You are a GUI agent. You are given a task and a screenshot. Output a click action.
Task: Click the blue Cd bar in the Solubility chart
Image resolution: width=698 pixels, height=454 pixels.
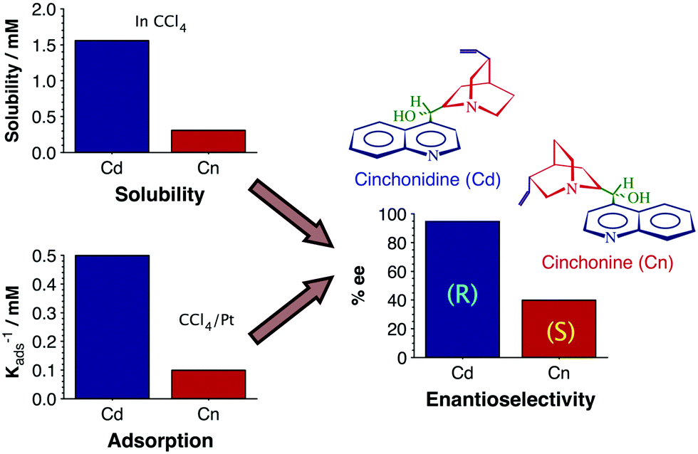(x=112, y=97)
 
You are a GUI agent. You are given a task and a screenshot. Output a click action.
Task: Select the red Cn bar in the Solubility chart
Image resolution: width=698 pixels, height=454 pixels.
(x=208, y=142)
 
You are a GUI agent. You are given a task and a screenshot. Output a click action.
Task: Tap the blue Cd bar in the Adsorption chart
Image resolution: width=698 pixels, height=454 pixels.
(x=112, y=327)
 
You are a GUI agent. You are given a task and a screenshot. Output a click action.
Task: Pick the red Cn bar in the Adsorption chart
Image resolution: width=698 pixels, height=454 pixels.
(x=208, y=384)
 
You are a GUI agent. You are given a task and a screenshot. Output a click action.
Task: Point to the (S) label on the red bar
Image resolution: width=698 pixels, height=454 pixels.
(x=559, y=332)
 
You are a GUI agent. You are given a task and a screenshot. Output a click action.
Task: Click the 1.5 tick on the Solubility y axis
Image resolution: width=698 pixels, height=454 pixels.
(x=43, y=46)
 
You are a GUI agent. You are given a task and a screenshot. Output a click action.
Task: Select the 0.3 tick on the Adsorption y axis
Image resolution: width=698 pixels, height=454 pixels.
(x=44, y=313)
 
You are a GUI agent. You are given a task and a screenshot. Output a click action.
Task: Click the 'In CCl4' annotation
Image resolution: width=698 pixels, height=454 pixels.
(x=161, y=23)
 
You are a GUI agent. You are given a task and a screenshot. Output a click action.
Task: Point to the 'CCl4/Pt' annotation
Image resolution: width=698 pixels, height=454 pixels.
(x=206, y=321)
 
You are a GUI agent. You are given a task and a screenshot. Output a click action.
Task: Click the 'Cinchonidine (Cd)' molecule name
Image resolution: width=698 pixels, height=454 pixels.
(x=428, y=179)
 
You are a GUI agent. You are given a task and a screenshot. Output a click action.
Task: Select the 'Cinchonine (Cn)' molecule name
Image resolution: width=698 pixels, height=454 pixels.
(x=607, y=263)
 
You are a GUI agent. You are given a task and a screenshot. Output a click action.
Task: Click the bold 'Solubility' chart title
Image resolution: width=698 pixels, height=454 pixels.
(x=160, y=195)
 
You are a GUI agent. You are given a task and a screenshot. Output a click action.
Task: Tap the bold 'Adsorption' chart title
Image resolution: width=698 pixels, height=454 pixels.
(x=160, y=440)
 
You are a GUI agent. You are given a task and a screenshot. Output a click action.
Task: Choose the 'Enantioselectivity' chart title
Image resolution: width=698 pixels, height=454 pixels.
(x=511, y=400)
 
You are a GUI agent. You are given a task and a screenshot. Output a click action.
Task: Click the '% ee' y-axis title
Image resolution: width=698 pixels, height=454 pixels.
(x=358, y=285)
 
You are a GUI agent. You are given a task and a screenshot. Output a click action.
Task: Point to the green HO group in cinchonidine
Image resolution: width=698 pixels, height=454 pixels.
(x=405, y=117)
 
